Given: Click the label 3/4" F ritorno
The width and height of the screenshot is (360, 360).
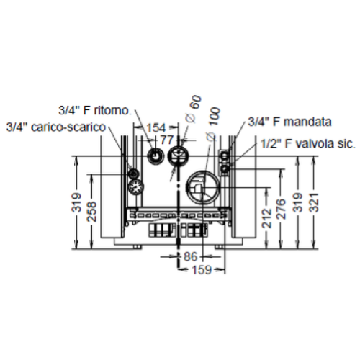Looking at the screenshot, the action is tap(95, 110).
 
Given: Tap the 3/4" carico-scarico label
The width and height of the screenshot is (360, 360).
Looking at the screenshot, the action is tap(56, 127).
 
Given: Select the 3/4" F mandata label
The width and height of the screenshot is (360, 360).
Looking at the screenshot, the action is tap(289, 122).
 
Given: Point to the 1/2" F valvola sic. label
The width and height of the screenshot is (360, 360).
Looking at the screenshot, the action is tap(308, 143).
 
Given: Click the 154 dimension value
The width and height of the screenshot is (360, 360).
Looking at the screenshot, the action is tap(156, 127).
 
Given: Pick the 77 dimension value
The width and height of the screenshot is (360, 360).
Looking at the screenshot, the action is tap(166, 140).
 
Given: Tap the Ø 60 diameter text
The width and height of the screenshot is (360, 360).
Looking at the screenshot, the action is tap(194, 109).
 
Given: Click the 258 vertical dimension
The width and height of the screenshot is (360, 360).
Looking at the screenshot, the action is tap(92, 212).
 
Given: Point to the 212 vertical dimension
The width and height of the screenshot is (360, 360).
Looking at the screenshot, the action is tap(267, 218).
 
